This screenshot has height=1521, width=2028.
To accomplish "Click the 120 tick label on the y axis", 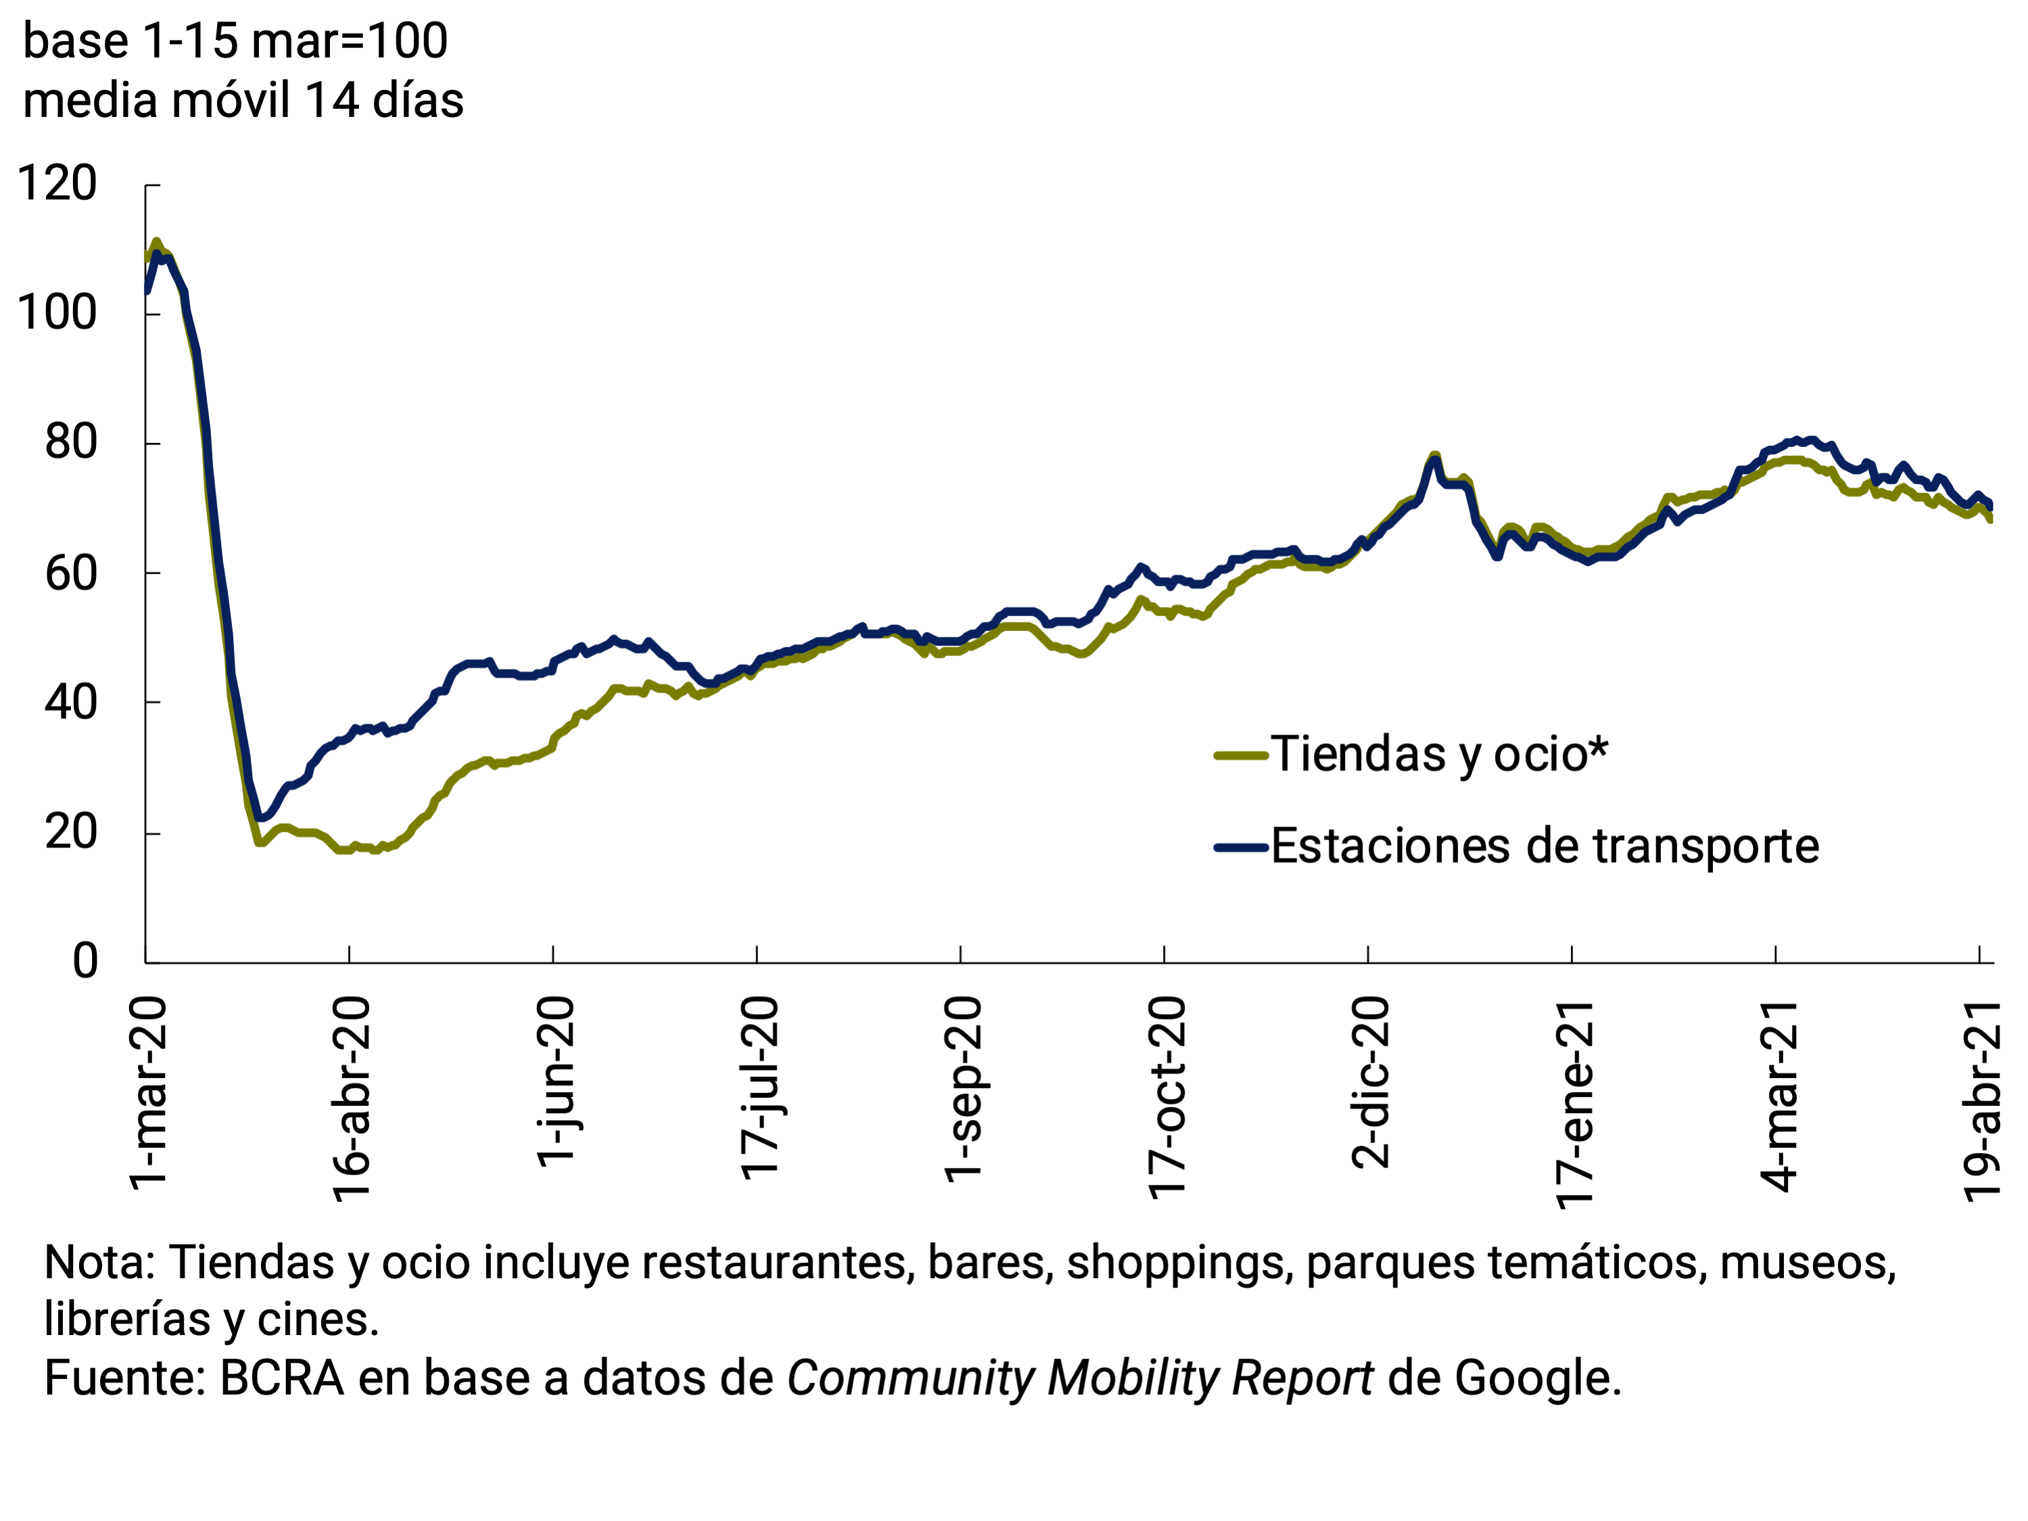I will [x=57, y=184].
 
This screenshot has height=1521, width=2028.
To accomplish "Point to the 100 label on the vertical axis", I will [x=57, y=314].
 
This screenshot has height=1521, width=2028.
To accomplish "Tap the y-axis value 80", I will [x=70, y=443].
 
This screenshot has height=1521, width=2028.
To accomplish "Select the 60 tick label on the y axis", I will [x=70, y=574].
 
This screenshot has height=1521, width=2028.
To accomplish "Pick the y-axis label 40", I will [x=70, y=703].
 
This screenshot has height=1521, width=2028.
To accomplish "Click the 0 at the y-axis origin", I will [x=85, y=962].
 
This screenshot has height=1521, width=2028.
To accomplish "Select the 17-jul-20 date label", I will [x=760, y=1088].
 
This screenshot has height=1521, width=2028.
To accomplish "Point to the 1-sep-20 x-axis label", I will [x=964, y=1089].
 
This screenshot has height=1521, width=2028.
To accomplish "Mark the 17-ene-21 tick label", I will [x=1575, y=1105].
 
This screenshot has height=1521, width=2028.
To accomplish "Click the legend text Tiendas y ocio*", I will [x=1438, y=755].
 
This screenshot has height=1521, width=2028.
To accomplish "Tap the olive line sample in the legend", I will [x=1240, y=755].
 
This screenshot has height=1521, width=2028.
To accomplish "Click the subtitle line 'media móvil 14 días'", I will [x=243, y=100].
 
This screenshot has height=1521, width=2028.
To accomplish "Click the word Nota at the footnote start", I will [x=99, y=1263].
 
